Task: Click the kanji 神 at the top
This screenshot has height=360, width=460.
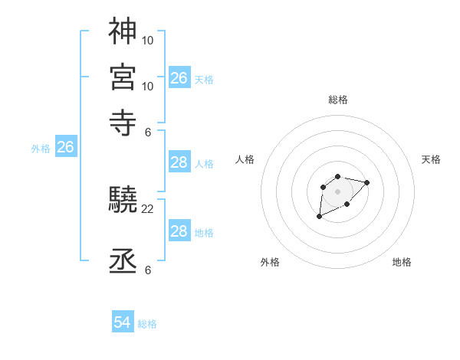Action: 123,31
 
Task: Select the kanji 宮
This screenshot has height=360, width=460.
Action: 123,77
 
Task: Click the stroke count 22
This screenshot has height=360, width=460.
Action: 148,209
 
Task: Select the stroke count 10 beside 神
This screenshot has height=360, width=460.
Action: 148,39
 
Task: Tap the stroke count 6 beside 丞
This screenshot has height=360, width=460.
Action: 148,270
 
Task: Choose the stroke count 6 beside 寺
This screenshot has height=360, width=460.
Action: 148,131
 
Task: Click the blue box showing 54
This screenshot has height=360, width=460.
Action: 123,323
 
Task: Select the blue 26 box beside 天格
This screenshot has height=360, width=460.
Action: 179,78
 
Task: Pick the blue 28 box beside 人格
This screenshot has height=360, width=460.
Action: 179,162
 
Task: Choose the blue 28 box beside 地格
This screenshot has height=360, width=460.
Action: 179,231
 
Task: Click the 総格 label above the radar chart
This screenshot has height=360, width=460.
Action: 338,100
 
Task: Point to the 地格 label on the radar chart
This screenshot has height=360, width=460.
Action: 402,262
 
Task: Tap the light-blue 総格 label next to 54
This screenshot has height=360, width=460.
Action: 147,324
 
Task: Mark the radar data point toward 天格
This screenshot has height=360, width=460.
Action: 366,182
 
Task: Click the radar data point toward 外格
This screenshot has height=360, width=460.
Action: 320,217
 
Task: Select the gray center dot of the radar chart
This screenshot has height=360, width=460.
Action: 337,191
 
